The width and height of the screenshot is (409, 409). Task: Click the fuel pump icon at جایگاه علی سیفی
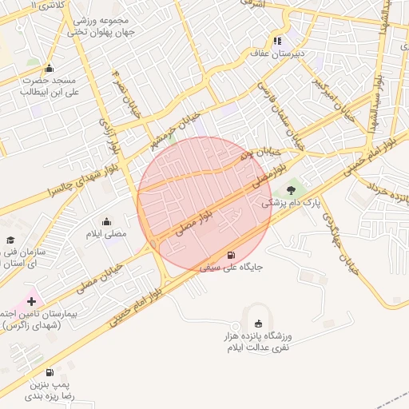[x=232, y=256]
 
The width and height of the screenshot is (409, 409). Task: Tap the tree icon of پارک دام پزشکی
[x=291, y=189]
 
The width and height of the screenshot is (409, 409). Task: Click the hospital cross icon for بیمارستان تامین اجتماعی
[x=31, y=301]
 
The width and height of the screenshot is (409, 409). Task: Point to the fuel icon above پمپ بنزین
[x=50, y=372]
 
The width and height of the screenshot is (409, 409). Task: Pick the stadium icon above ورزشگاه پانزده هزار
[x=257, y=324]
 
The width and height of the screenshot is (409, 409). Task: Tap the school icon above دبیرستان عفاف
[x=277, y=41]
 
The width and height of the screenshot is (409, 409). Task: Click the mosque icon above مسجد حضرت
[x=50, y=68]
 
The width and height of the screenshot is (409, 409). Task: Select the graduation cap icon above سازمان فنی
[x=10, y=240]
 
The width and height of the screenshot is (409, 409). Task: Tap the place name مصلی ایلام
[x=106, y=234]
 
